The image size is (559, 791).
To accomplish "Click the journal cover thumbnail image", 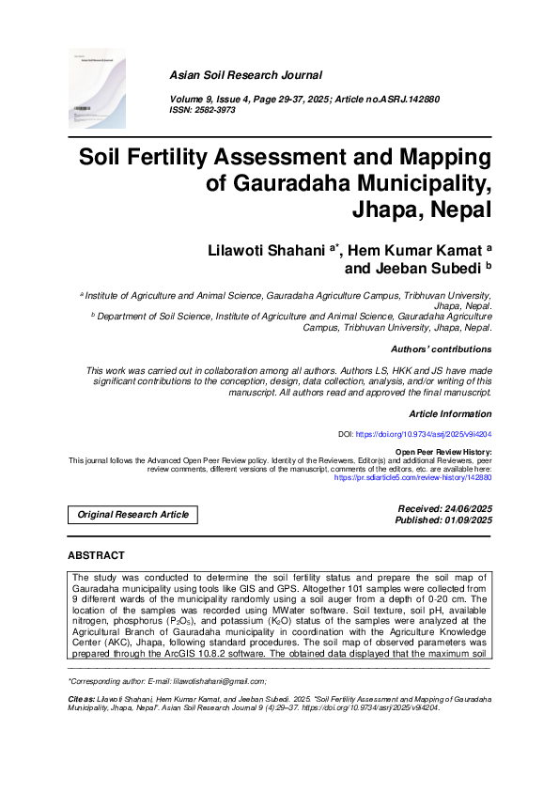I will [97, 89].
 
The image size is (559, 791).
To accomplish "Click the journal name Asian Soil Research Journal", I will [245, 75].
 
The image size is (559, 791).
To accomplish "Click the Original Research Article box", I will [132, 514].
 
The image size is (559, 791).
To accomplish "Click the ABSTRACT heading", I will [96, 556].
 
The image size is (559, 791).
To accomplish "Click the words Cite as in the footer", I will [82, 699].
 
